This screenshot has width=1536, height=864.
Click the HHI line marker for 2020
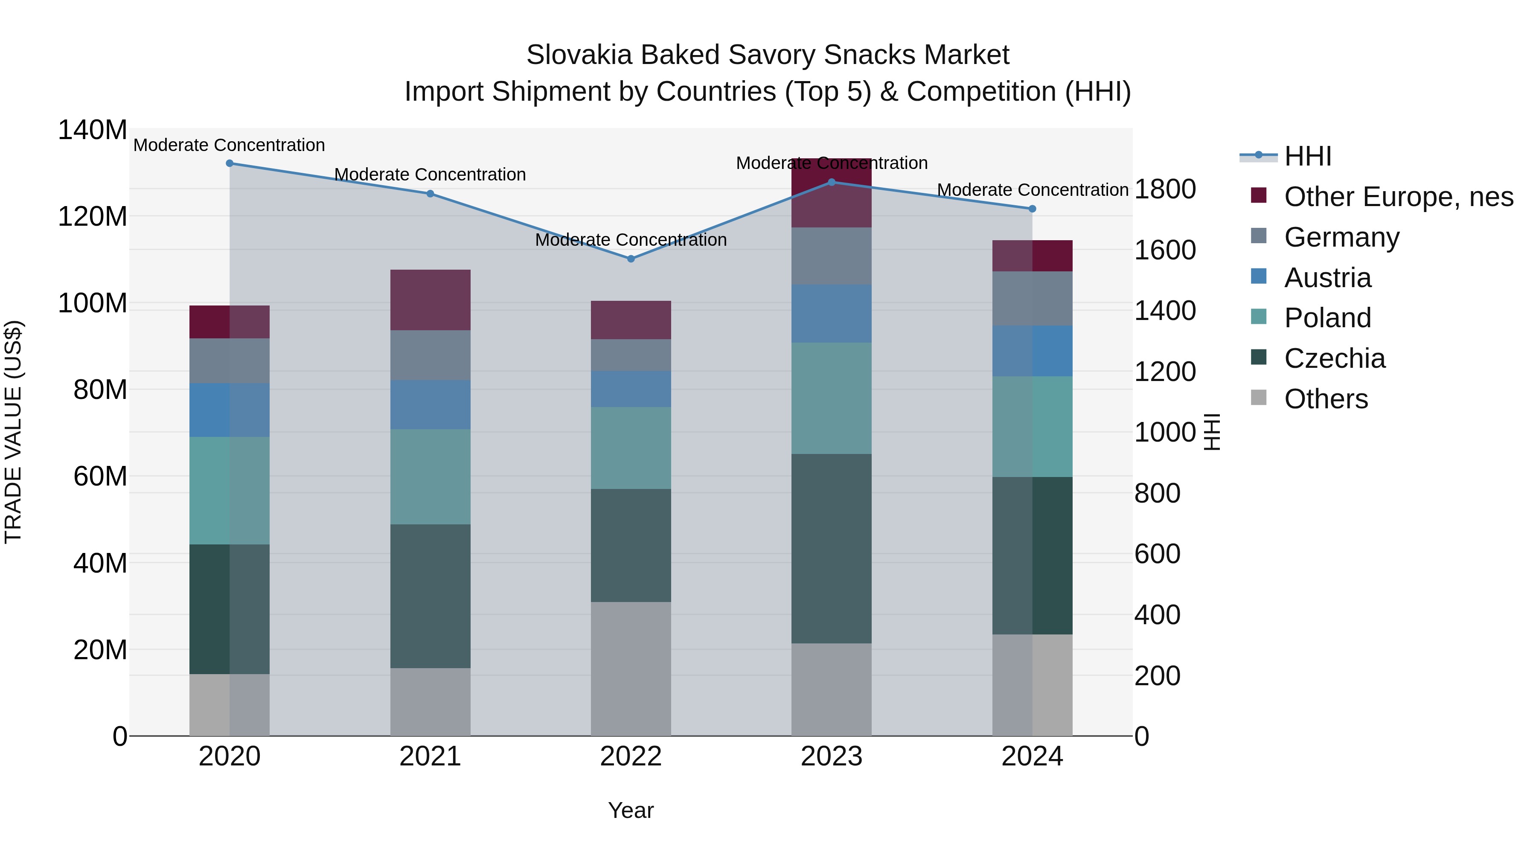coord(230,163)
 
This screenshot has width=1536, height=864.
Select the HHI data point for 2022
coord(631,259)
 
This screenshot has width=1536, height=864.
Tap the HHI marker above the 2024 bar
coord(1032,209)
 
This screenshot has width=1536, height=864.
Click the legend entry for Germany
coord(1341,237)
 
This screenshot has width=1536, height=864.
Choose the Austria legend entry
coord(1327,278)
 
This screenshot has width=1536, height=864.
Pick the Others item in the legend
coord(1326,399)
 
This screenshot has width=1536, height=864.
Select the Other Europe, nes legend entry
coord(1398,197)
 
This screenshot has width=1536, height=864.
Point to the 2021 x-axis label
coord(430,756)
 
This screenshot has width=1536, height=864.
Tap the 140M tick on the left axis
coord(93,130)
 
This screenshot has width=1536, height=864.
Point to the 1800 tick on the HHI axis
coord(1164,189)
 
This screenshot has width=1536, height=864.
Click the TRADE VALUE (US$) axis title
coord(14,432)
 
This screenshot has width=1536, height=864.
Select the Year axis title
coord(631,810)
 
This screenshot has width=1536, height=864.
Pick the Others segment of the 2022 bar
coord(631,669)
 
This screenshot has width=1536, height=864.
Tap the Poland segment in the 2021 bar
coord(430,477)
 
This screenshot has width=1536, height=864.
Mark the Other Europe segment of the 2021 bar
coord(430,300)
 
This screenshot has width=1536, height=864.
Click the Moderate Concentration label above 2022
coord(631,240)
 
